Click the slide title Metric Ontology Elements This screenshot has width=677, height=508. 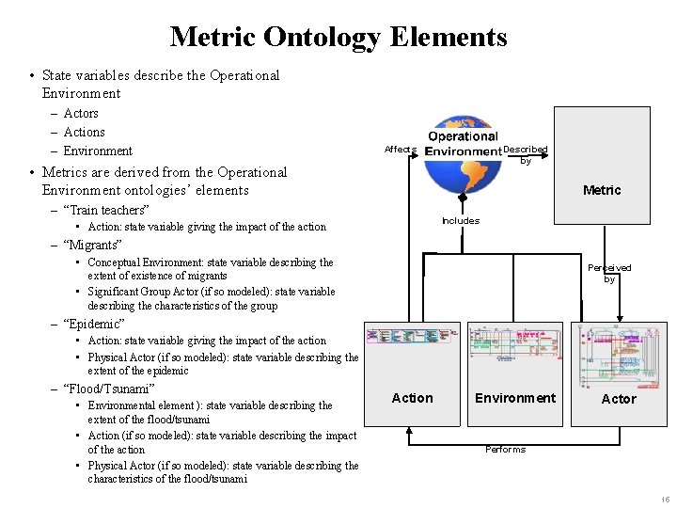click(x=338, y=37)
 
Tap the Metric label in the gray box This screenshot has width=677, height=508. click(x=602, y=190)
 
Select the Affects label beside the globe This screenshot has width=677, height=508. click(x=400, y=150)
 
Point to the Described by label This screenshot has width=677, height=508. click(x=526, y=154)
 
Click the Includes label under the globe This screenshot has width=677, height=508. click(x=461, y=221)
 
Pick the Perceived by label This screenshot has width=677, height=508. click(x=609, y=273)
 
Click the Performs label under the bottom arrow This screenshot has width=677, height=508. click(x=505, y=449)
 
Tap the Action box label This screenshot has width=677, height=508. click(x=412, y=398)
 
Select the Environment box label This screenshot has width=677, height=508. click(x=515, y=398)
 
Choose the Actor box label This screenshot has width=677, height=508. click(x=619, y=399)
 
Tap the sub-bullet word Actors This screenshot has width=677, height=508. click(x=81, y=114)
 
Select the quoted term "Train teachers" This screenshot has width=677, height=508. click(x=105, y=210)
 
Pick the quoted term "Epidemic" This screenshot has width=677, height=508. click(x=93, y=325)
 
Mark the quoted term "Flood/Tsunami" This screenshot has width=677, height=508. click(x=108, y=389)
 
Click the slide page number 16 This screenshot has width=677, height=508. click(x=665, y=500)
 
